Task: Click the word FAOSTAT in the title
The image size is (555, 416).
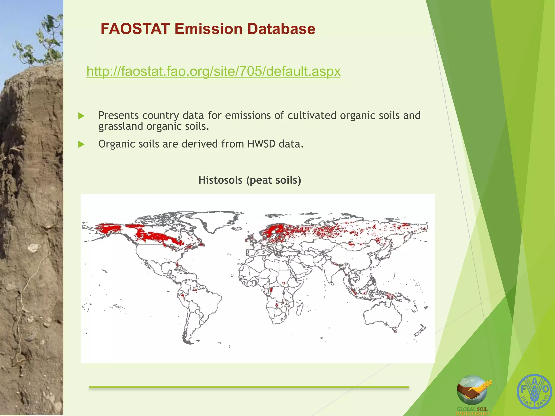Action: [x=135, y=29]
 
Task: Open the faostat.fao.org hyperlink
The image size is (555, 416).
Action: [x=213, y=71]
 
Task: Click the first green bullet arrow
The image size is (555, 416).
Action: [x=81, y=116]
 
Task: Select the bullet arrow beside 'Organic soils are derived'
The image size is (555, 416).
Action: [x=81, y=144]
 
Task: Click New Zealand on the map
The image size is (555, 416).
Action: [x=420, y=332]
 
